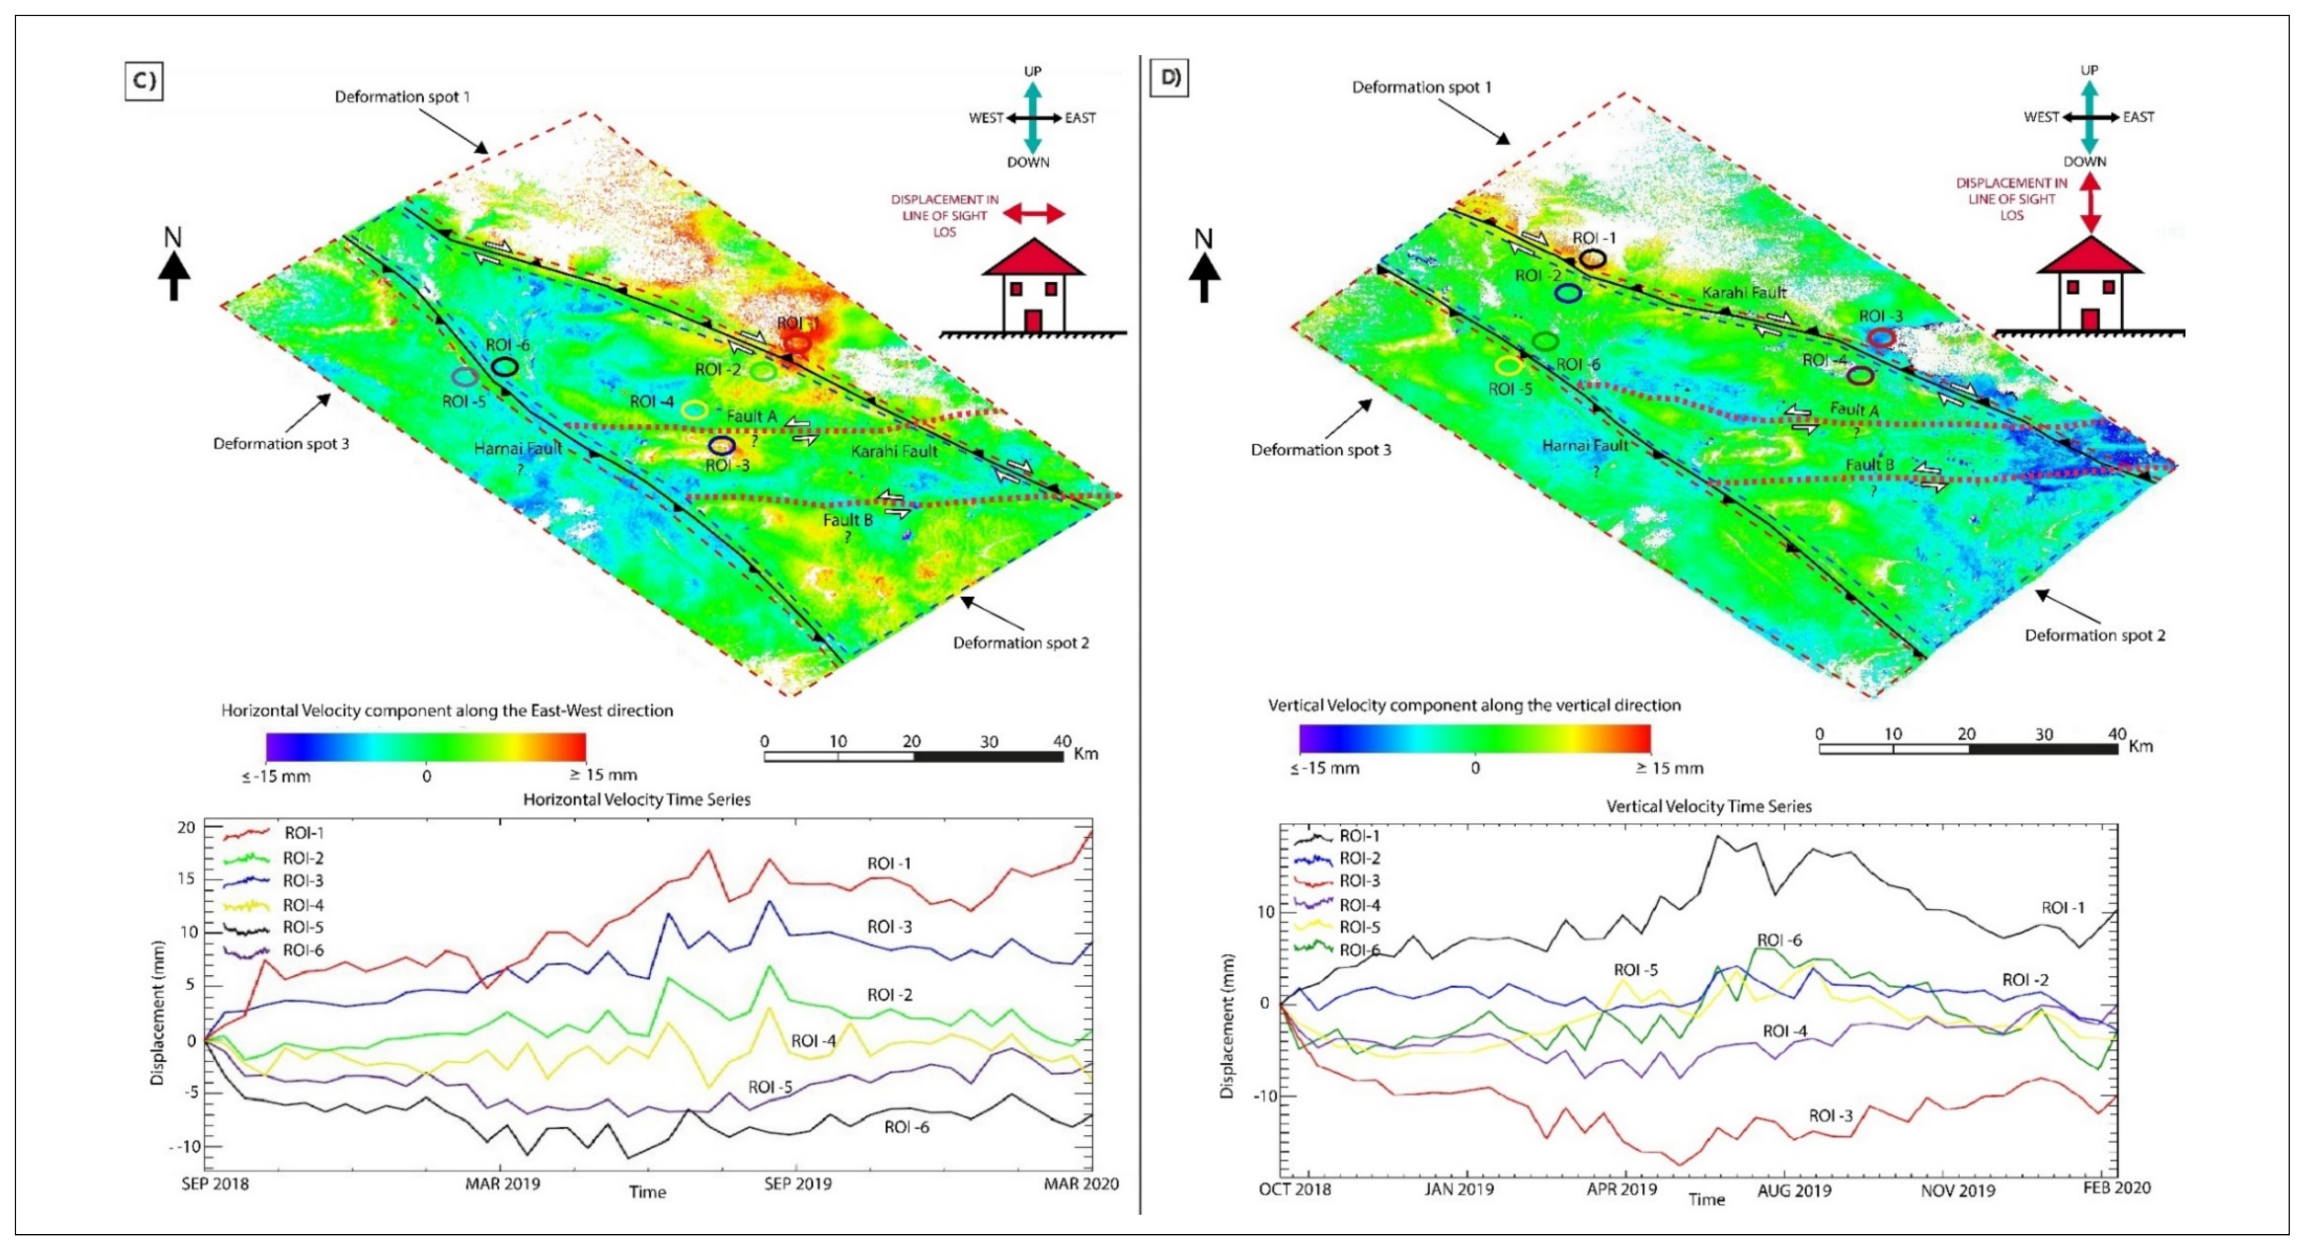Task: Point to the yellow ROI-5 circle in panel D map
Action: [1509, 365]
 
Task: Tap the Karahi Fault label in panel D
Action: [1744, 292]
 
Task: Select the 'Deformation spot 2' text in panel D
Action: [2095, 635]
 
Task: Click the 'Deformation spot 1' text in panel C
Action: [402, 96]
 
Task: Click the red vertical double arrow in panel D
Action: [2090, 204]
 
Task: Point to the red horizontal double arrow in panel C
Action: [1034, 213]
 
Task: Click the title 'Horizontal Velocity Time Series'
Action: [637, 799]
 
